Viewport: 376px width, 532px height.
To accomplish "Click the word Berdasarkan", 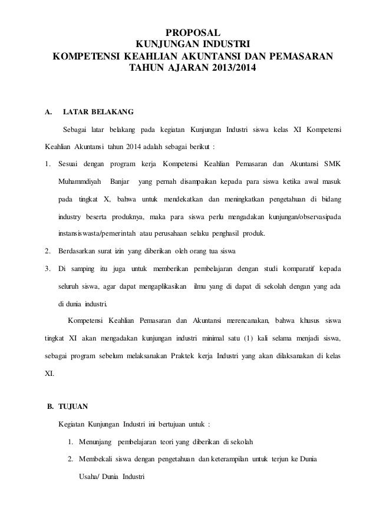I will coord(79,252).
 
